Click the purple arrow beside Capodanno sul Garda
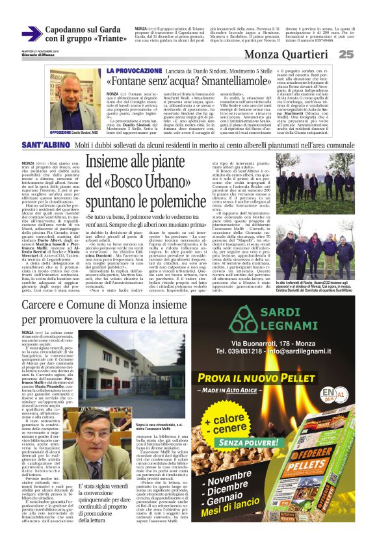31,33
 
